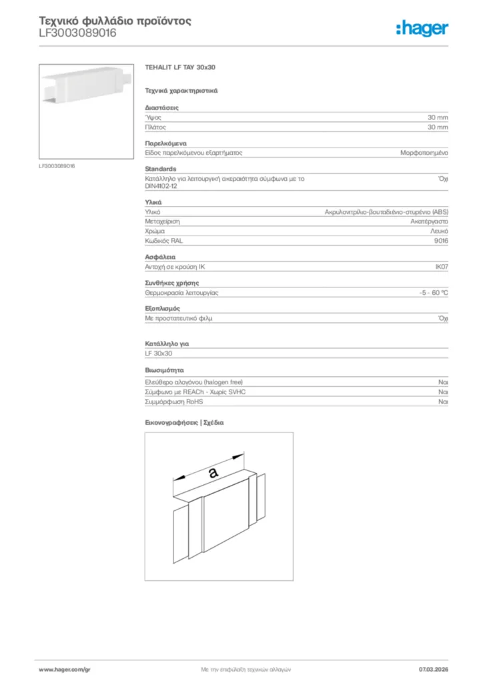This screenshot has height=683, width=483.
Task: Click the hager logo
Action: coord(422,28)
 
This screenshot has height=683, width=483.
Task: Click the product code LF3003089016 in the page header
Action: coord(78,33)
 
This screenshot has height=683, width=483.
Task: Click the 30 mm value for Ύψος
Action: coord(438,117)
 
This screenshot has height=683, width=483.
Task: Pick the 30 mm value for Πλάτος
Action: coord(438,127)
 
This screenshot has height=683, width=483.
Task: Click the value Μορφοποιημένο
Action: coord(424,153)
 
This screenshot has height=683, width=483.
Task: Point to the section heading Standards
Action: coord(161,169)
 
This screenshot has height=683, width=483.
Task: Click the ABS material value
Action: coord(386,211)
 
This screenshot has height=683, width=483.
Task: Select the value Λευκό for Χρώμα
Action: coord(439,231)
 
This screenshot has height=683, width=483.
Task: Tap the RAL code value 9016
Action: coord(440,240)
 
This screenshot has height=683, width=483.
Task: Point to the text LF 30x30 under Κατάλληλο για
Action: coord(159,353)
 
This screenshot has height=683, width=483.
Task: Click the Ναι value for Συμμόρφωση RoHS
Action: coord(443,402)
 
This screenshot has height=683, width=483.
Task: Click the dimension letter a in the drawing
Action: coord(213,472)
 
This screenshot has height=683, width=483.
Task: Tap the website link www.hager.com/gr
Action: coord(63,669)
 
